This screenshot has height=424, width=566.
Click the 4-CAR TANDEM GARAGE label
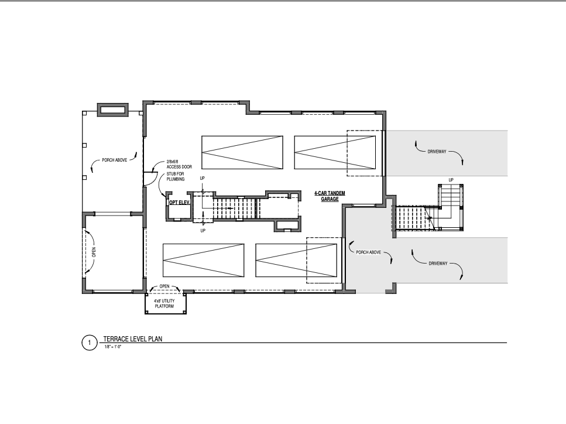[x=330, y=196]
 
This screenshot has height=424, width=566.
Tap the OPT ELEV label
[x=180, y=203]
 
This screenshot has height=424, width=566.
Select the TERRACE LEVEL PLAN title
[x=133, y=338]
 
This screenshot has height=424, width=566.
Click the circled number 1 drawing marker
[x=89, y=343]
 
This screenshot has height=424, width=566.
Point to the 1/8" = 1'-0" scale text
[x=113, y=347]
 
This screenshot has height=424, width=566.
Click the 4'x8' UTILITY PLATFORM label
[x=164, y=303]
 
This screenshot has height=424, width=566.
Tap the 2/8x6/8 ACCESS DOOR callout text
[x=179, y=165]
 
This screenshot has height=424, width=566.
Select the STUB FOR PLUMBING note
[x=176, y=177]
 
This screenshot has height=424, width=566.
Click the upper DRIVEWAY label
[x=437, y=152]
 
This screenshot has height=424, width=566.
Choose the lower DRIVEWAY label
[x=438, y=264]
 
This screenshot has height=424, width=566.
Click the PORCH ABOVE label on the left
[x=114, y=160]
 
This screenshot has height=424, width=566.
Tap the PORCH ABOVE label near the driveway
[x=369, y=252]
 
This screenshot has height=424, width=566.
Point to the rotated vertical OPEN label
[x=94, y=252]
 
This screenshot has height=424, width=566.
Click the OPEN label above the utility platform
[x=164, y=286]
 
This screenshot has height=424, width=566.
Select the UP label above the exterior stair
[x=451, y=180]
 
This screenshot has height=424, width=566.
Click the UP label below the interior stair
[x=203, y=231]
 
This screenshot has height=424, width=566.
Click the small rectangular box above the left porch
[x=113, y=110]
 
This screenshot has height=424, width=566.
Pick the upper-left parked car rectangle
[x=242, y=152]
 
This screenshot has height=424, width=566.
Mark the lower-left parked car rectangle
[x=204, y=261]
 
